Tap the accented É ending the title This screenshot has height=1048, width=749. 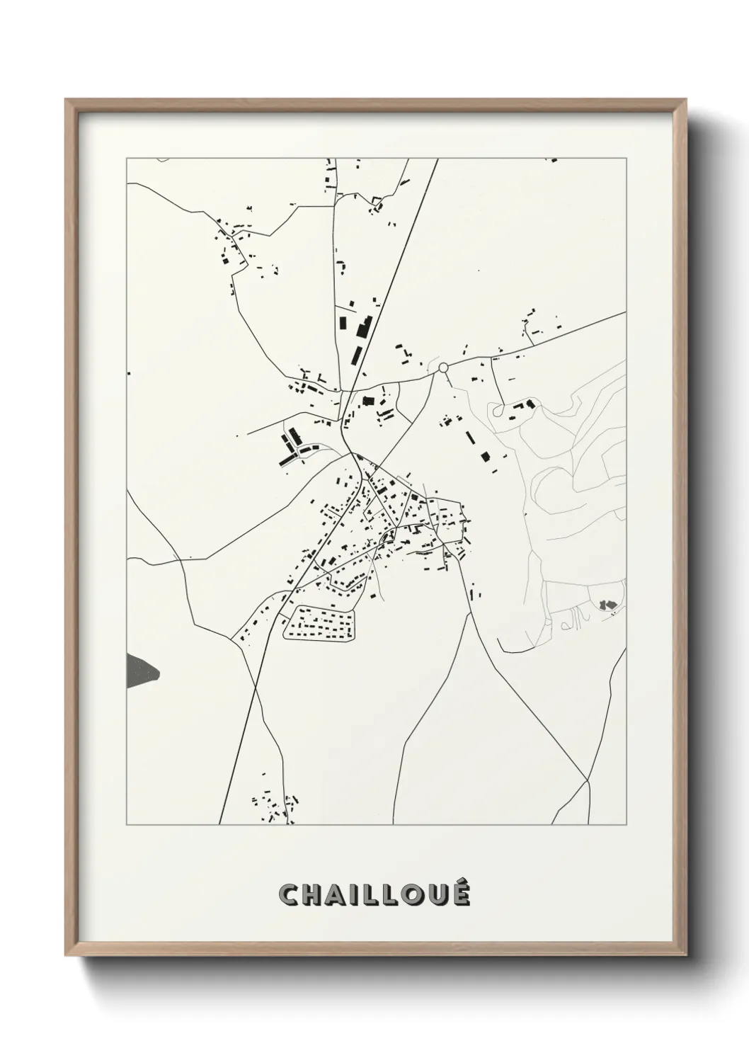460,894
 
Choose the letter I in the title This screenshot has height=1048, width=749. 356,895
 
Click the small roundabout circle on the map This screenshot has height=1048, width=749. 444,368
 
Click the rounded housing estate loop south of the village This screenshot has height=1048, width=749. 319,624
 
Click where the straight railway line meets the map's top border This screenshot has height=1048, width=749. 438,159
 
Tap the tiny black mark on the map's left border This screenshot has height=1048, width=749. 128,372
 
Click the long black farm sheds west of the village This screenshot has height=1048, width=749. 291,449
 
